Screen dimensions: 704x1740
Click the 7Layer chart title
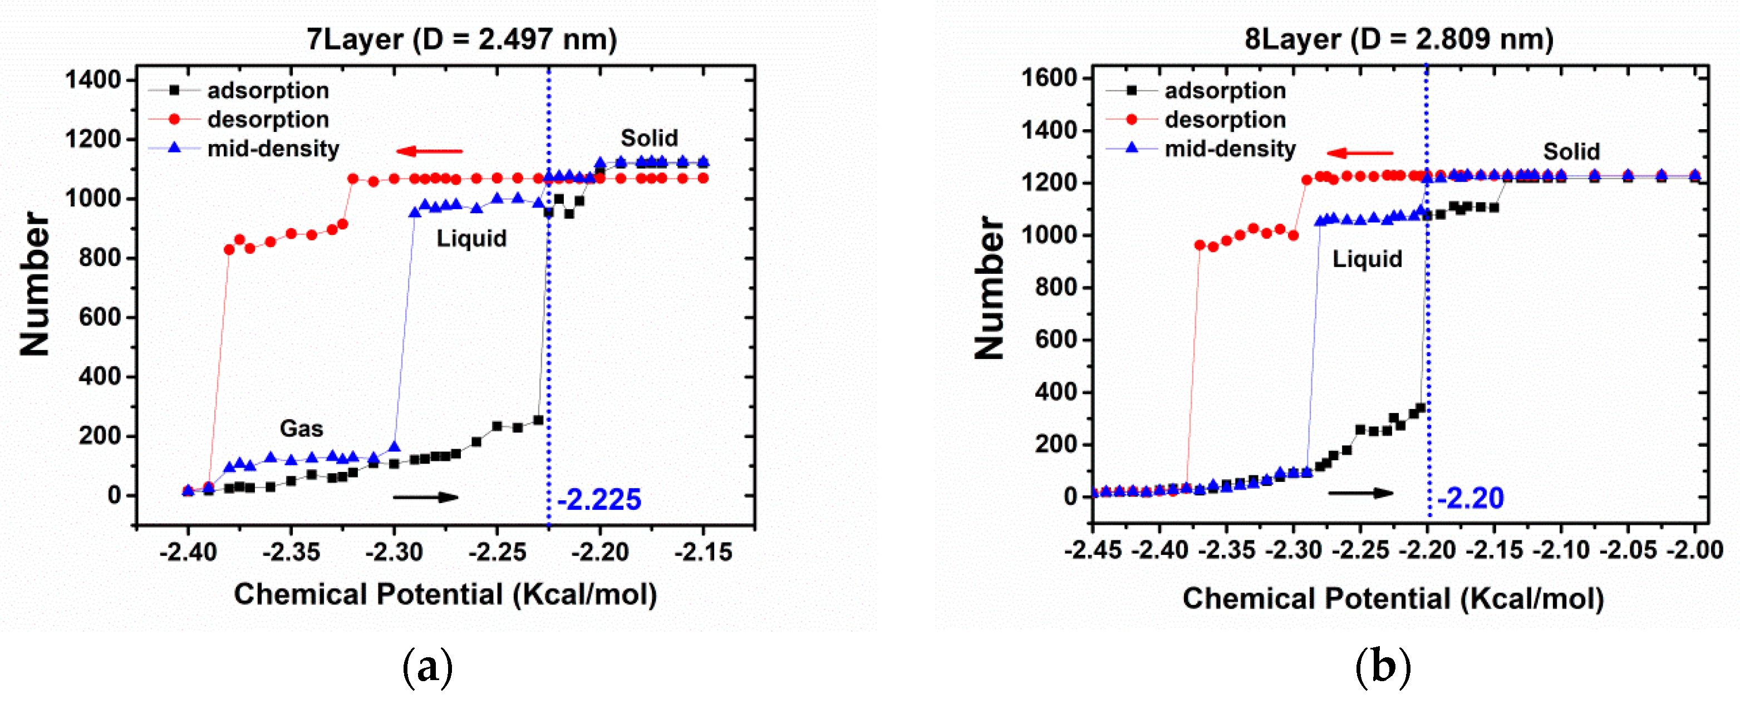[461, 39]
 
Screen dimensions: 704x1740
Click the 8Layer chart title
[1399, 39]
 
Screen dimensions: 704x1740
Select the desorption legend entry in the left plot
[268, 120]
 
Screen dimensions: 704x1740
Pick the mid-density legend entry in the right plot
[1230, 149]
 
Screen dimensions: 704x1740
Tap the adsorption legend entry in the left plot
[268, 91]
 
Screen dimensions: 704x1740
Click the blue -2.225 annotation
[599, 500]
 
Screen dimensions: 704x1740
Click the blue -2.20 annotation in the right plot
[1470, 499]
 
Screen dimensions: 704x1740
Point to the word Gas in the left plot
[301, 429]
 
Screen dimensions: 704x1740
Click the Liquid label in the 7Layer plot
[471, 239]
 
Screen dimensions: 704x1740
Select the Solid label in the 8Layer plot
[1571, 151]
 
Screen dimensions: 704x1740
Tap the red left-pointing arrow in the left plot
[430, 151]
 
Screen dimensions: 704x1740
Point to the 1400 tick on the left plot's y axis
[92, 80]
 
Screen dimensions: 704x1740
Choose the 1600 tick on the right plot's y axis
[1049, 78]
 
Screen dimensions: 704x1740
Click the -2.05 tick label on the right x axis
[1628, 550]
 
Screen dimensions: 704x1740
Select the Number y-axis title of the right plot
[990, 287]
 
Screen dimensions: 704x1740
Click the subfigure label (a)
[427, 667]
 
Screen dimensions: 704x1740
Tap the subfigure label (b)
[1383, 667]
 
